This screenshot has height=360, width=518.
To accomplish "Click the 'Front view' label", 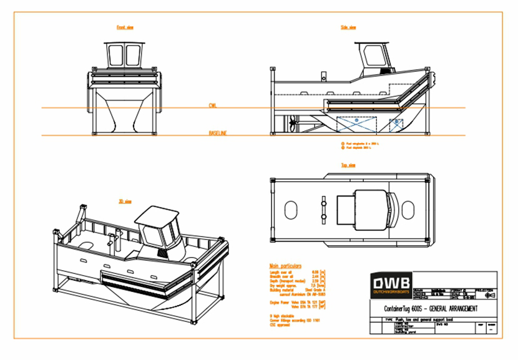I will pos(125,27).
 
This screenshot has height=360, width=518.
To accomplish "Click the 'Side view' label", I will pos(348,27).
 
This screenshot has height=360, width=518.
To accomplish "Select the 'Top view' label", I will pos(348,165).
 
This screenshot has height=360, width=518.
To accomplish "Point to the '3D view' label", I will pos(125,201).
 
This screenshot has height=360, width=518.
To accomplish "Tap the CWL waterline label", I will pos(213,106).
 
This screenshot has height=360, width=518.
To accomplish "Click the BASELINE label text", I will pos(218,133).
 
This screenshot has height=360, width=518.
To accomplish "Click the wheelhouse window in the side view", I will pos(374,56).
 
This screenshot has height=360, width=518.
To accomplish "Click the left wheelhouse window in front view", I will pos(115,56).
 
